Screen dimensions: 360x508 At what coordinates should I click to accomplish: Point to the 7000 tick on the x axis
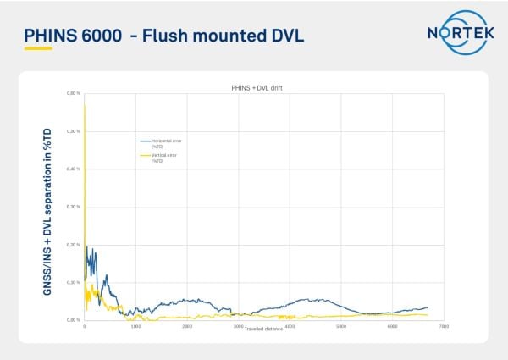tap(444, 326)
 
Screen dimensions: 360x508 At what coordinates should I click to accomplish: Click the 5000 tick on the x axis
tap(341, 326)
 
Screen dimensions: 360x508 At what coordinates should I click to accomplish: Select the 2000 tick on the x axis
tap(187, 326)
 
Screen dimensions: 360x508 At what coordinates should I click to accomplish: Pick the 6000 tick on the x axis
tap(393, 326)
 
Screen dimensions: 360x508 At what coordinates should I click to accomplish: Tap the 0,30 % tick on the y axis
tap(73, 207)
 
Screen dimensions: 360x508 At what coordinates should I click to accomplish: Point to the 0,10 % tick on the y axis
tap(73, 282)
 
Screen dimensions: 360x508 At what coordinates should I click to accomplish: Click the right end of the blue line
tap(428, 307)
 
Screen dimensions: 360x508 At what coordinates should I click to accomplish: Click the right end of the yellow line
tap(428, 314)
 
